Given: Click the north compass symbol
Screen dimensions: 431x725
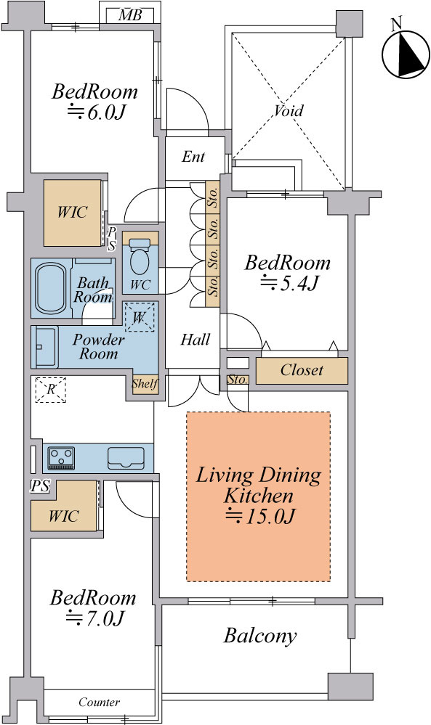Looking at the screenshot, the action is tap(403, 51).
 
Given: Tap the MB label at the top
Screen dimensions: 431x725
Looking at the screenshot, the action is tap(129, 15).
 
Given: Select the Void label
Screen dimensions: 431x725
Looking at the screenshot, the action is tap(289, 110).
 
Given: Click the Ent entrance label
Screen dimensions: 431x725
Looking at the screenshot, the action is tap(193, 156).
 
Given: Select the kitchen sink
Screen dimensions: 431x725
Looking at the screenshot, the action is tap(126, 458).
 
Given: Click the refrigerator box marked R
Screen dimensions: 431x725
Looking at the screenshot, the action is tap(50, 389).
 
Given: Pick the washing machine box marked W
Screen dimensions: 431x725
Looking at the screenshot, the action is tap(140, 317).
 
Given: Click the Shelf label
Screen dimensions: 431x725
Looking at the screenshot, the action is tap(145, 383).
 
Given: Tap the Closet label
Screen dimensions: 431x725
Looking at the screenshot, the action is tap(302, 370).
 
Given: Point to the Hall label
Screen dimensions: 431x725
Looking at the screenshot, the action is tap(195, 340).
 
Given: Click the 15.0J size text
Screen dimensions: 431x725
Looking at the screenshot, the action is tap(259, 516).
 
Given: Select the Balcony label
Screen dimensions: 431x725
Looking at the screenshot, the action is tap(259, 636).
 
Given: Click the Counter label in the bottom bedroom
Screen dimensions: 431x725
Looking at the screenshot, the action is tap(99, 703).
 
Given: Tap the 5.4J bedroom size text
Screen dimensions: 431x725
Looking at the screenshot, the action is tap(289, 282).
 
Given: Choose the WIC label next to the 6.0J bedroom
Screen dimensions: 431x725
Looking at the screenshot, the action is tap(72, 212).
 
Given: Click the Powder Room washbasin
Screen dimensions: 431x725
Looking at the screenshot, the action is tap(46, 346).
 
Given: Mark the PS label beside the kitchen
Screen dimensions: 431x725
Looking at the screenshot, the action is tap(40, 486).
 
